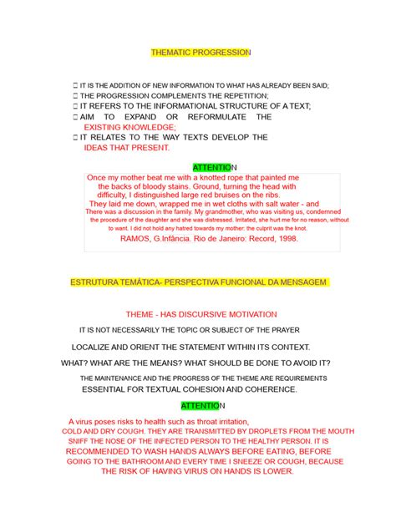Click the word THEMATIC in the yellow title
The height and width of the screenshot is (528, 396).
point(171,52)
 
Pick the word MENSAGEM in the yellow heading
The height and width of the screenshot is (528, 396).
point(301,283)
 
